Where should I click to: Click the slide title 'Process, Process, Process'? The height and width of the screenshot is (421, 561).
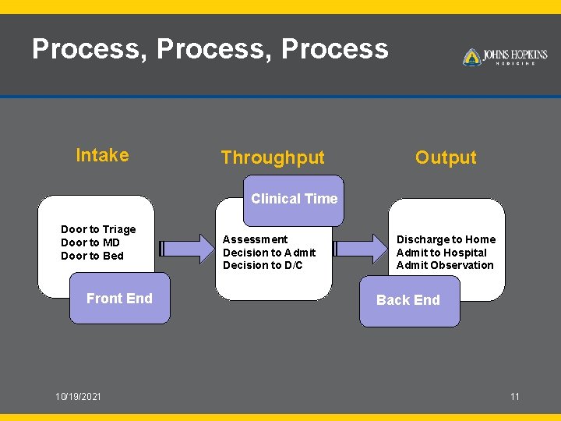coord(210,49)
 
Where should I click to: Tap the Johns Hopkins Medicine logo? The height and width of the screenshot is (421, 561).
coord(505,57)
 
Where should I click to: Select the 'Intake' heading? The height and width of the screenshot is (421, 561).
coord(102,155)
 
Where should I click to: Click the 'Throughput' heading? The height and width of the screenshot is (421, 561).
coord(272,157)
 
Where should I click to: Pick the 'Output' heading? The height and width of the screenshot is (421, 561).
coord(446,157)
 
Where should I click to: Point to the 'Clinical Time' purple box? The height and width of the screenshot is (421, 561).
coord(294,199)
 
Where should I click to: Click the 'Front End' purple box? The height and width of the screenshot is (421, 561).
coord(119,299)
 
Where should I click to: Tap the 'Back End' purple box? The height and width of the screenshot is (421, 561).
coord(408,300)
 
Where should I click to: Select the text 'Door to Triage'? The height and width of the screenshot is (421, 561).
coord(98,229)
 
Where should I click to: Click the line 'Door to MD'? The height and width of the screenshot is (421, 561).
coord(90,242)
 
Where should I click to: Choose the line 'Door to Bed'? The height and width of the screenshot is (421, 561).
coord(92,256)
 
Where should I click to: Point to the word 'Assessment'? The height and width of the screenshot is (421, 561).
coord(255,239)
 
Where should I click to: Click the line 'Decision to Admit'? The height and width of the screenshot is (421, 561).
coord(270,253)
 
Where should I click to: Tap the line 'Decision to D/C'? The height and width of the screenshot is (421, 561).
coord(263,265)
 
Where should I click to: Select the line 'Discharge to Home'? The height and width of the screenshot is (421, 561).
coord(446,239)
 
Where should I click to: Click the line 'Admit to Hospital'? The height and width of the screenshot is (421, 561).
coord(441,253)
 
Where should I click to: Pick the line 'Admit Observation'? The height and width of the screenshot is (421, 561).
coord(445,265)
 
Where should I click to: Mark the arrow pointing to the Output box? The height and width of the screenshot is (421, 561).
coord(360,249)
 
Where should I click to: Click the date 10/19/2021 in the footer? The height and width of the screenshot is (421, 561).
coord(78,397)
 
